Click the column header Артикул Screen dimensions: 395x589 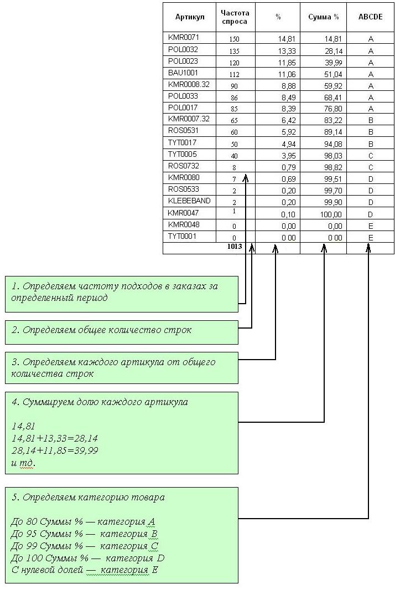(x=190, y=17)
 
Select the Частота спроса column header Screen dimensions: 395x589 (x=235, y=17)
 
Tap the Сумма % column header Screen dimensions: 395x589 (x=323, y=17)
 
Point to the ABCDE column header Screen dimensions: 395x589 (x=370, y=17)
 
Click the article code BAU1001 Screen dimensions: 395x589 (x=183, y=73)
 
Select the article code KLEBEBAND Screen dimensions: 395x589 (x=189, y=201)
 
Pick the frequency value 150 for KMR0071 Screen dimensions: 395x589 (x=234, y=39)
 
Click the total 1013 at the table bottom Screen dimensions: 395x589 (x=235, y=247)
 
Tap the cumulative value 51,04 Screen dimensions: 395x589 (x=333, y=74)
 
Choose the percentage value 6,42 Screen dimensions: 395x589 (x=288, y=121)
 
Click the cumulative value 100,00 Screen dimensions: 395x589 (x=331, y=214)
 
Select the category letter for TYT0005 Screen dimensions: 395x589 (x=371, y=156)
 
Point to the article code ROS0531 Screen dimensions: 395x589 (x=183, y=130)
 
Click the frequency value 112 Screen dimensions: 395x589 (x=234, y=74)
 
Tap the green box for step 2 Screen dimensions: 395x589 (x=122, y=332)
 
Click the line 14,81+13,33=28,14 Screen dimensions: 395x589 (x=55, y=438)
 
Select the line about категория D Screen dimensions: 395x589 (x=87, y=558)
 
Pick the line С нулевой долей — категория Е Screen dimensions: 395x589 (x=85, y=570)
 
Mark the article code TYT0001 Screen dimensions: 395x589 (x=182, y=236)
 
